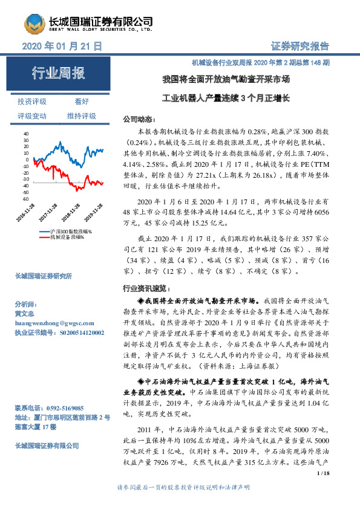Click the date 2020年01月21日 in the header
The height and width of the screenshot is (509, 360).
(62, 47)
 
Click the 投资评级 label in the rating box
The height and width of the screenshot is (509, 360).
(32, 102)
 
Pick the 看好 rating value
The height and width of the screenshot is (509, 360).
(82, 102)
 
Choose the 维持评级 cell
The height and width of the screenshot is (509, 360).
(82, 115)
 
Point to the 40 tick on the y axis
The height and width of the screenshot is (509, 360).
(25, 132)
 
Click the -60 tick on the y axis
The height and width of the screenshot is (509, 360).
(24, 198)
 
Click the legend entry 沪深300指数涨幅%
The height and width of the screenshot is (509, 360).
(67, 231)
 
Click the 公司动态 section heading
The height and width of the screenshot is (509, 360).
(139, 119)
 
